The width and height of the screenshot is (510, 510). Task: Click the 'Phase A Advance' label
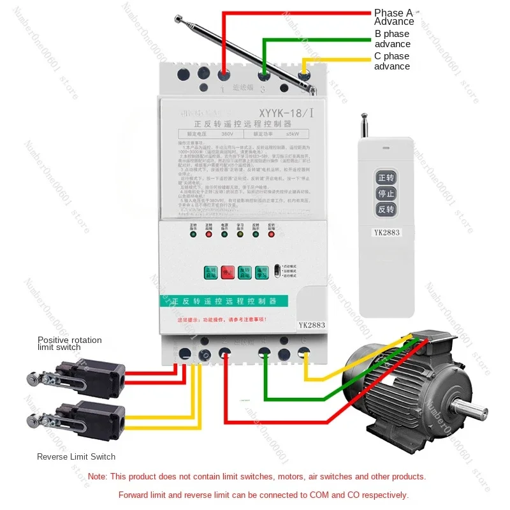393,17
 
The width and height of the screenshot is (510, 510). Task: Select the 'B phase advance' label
392,39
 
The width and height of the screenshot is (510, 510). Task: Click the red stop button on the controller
228,272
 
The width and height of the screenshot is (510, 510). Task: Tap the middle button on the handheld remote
386,193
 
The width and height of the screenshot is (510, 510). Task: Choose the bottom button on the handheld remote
386,209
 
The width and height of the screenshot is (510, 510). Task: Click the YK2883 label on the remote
386,232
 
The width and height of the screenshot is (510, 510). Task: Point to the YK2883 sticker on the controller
312,324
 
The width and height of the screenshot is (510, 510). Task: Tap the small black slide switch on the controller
276,271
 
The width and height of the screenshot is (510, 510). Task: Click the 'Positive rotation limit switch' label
69,344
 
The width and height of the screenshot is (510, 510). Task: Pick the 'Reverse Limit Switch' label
76,456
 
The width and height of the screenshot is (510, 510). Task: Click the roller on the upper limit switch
31,380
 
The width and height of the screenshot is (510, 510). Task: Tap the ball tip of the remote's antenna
365,117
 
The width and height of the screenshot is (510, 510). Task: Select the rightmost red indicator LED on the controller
272,234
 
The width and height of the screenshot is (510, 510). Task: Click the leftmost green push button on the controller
210,272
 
